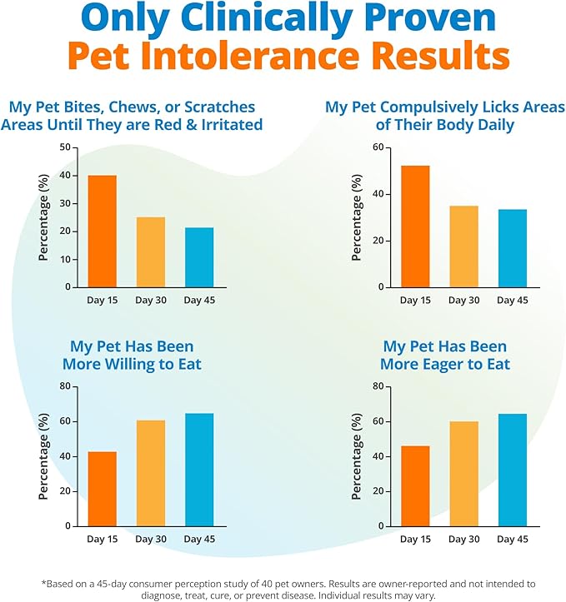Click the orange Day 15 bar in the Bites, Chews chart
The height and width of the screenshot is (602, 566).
(103, 231)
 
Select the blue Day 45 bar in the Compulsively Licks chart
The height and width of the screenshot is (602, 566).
(513, 247)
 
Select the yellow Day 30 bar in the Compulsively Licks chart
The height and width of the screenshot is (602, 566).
(463, 246)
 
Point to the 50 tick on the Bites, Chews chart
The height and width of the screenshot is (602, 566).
(63, 147)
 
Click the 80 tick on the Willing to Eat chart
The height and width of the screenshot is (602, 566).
(63, 386)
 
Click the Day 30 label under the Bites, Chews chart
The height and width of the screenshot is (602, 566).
(151, 300)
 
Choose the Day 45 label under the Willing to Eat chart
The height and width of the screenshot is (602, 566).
(199, 540)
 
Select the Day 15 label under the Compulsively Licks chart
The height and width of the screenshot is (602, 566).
(415, 300)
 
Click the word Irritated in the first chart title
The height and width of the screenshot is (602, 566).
(229, 125)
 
